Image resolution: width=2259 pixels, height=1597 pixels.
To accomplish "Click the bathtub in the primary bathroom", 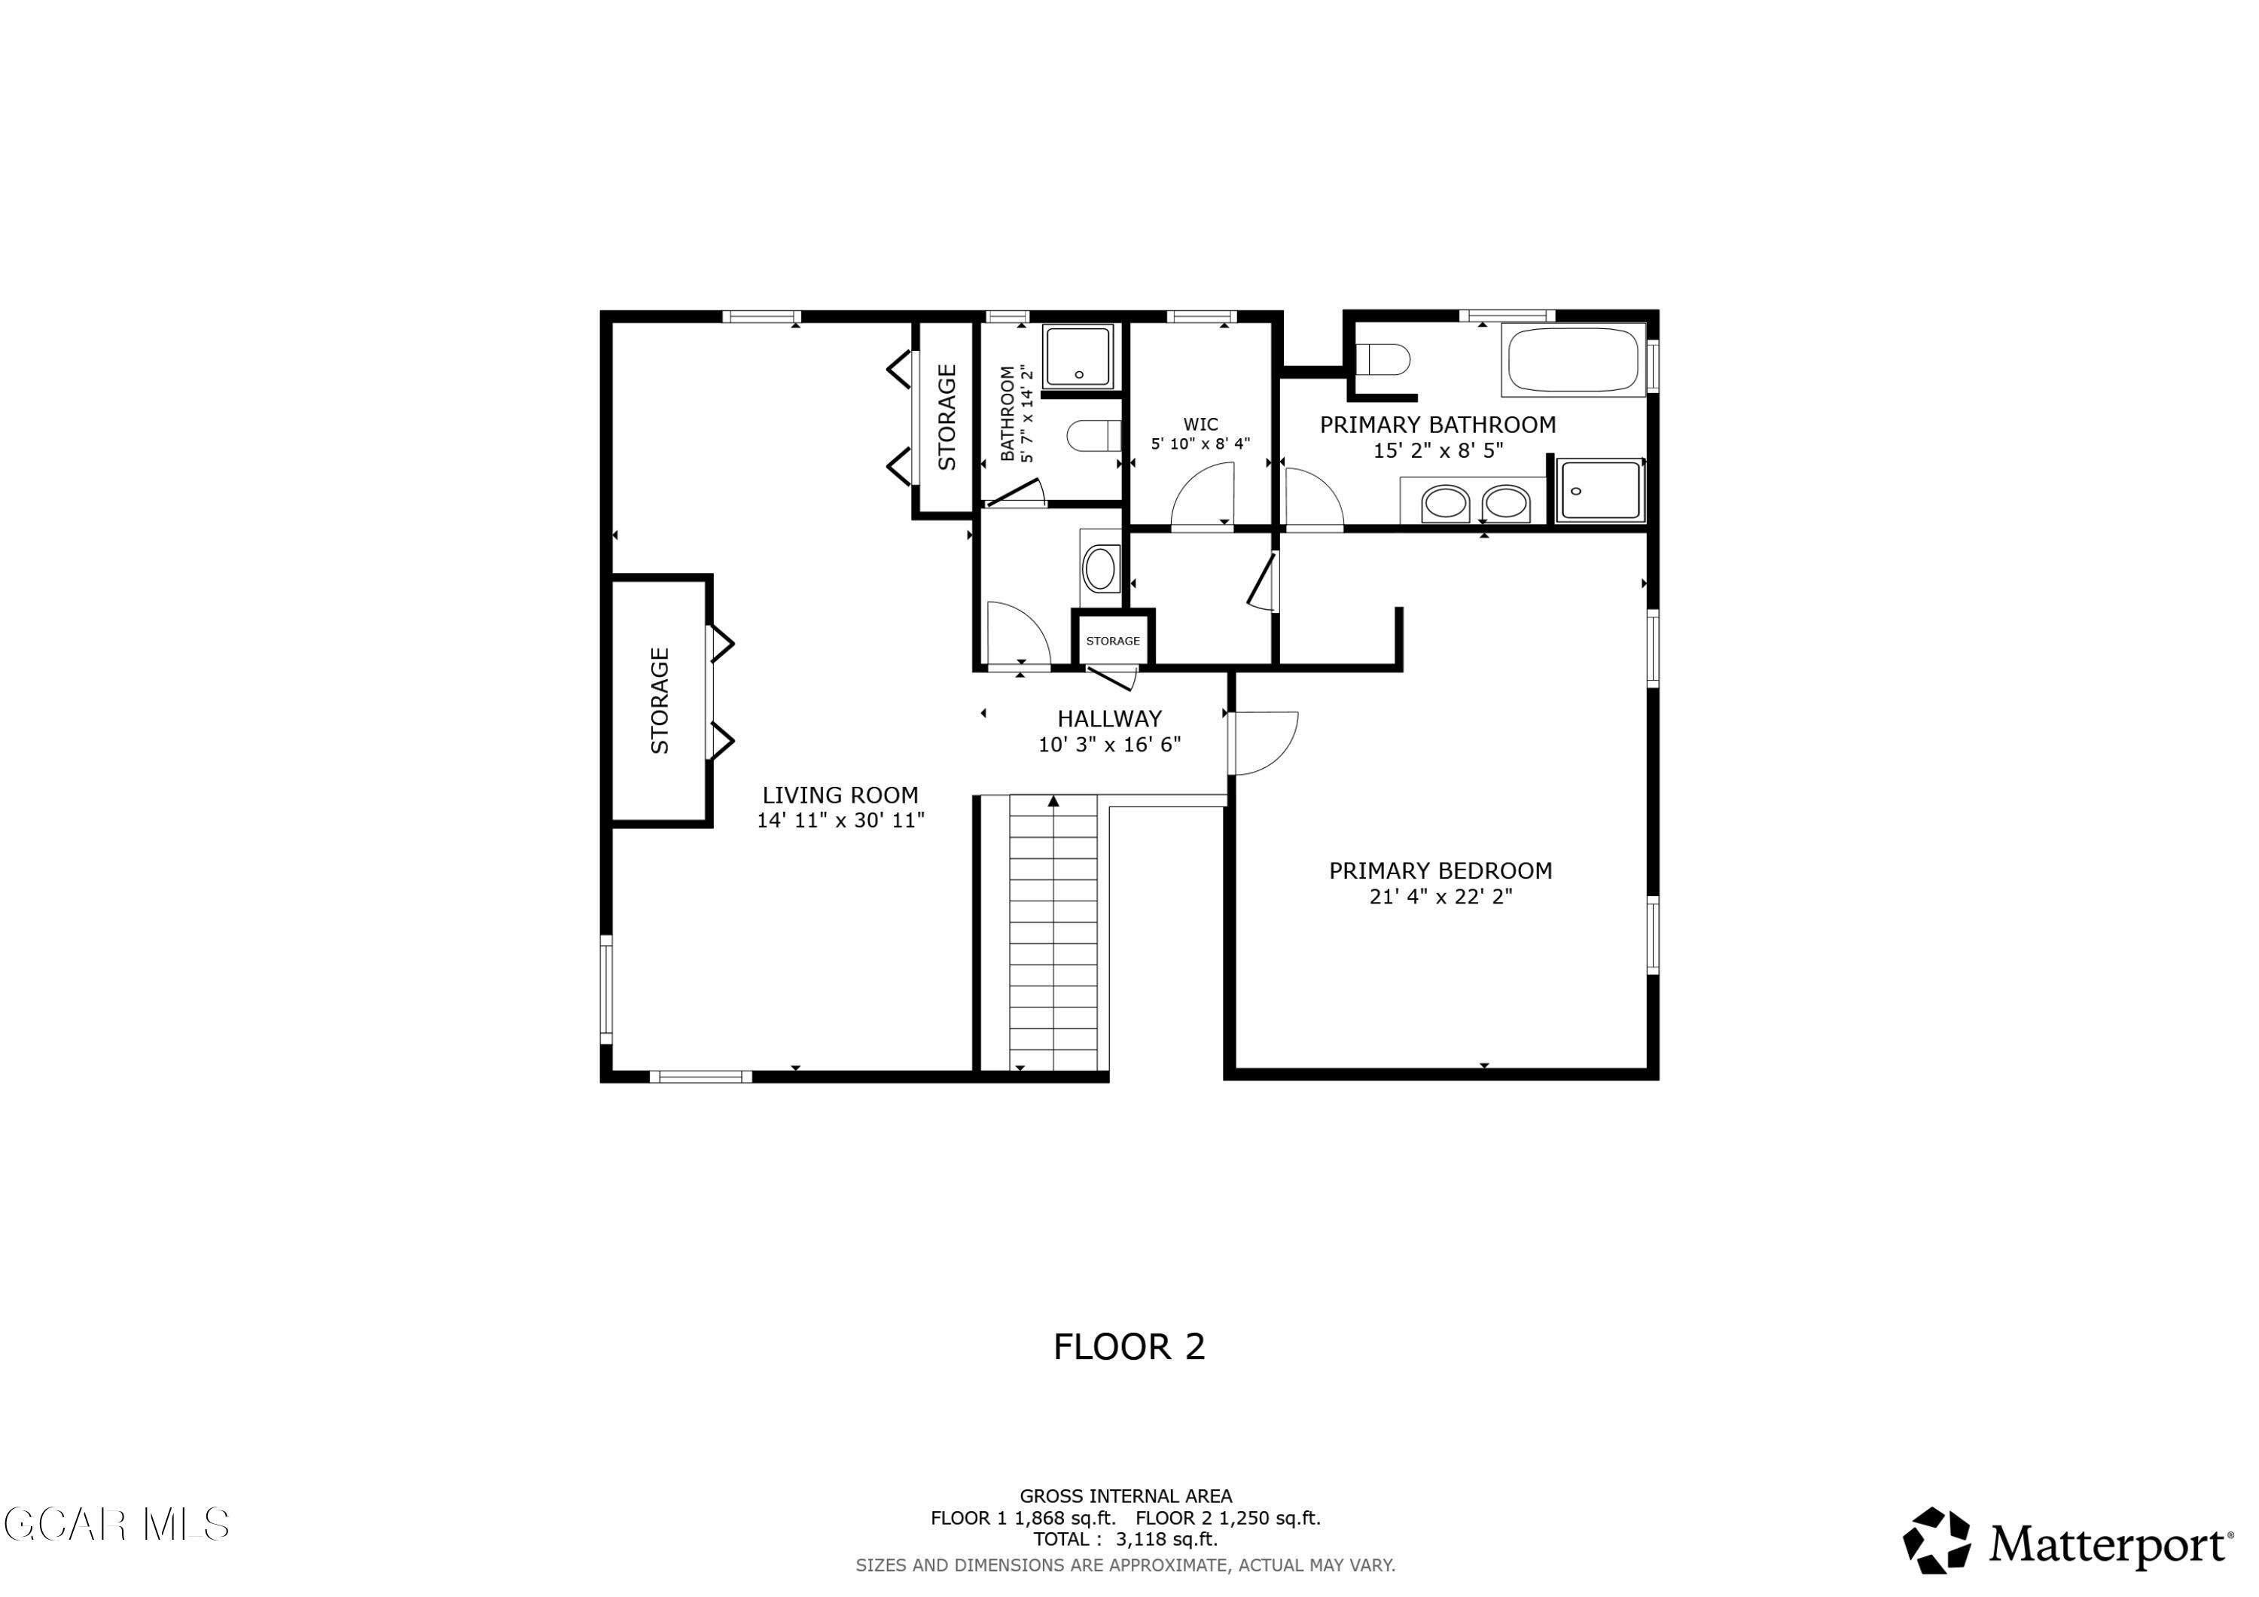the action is (x=1572, y=360).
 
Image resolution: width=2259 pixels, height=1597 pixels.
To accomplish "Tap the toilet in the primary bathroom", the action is (x=1383, y=359).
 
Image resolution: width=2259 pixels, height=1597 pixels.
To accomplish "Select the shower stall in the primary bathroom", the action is (x=1601, y=490).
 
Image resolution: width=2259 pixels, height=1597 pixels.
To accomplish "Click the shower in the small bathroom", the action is (x=1078, y=356).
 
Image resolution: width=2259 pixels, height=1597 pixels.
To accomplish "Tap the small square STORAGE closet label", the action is (x=1113, y=641).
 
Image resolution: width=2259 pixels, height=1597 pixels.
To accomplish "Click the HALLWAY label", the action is (x=1110, y=718).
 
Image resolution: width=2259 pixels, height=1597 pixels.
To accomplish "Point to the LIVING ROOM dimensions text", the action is (x=840, y=821).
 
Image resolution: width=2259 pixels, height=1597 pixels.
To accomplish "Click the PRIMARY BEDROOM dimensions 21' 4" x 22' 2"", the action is (x=1440, y=897).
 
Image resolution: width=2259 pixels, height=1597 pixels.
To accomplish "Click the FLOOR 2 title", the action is (x=1129, y=1346).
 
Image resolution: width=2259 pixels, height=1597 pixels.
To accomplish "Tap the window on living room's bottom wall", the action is (x=700, y=1077).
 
